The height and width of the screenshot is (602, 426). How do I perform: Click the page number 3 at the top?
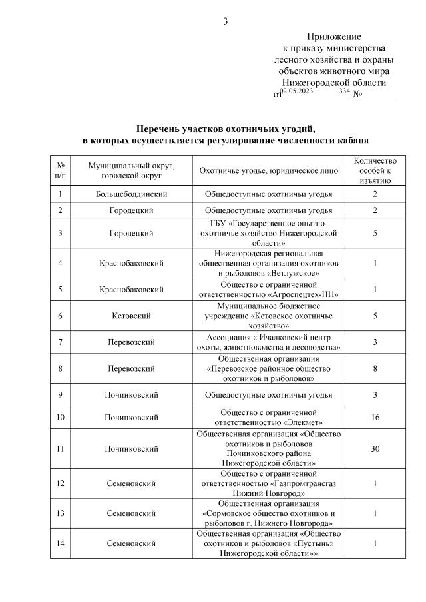pos(225,21)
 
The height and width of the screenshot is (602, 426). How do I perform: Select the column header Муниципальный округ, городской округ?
pos(131,170)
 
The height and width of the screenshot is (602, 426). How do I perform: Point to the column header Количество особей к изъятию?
pos(375,170)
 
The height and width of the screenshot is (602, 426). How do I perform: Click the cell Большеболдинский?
pos(131,194)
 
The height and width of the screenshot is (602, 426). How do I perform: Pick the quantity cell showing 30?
pos(375,448)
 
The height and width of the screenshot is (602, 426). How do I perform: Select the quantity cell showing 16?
pos(375,418)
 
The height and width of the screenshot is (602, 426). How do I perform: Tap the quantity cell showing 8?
pos(375,368)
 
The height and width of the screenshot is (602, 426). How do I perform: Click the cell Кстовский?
pos(131,316)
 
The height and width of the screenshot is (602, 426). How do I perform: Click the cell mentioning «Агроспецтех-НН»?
pos(270,290)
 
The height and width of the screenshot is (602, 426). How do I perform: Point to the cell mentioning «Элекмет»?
pos(270,418)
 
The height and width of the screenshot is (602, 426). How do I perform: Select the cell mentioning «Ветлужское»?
pos(270,263)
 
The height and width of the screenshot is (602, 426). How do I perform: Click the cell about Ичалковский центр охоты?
pos(270,342)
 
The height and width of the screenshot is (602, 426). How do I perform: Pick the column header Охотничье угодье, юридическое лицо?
pos(270,170)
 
